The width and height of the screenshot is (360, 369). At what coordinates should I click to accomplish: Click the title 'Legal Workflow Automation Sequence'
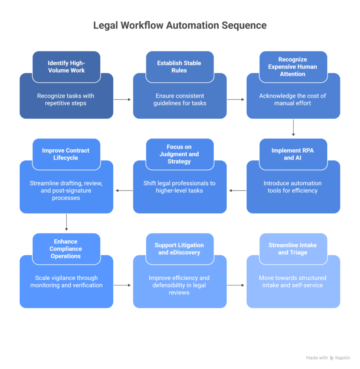click(x=180, y=26)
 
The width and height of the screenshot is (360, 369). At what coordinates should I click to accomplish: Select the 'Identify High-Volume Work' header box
click(x=66, y=67)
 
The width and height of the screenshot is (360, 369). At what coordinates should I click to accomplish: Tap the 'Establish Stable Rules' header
click(x=179, y=67)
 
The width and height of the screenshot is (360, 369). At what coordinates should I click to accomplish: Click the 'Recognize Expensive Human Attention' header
click(x=292, y=67)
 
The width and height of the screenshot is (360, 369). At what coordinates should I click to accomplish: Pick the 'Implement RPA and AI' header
click(x=292, y=154)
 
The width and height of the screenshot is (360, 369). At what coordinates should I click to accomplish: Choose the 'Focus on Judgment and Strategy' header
click(x=179, y=154)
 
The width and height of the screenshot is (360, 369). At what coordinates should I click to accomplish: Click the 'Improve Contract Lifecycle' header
click(x=66, y=154)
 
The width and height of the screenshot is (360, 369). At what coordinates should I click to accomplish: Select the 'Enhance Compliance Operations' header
click(x=66, y=249)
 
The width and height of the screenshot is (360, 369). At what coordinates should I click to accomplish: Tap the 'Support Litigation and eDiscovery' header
click(x=179, y=249)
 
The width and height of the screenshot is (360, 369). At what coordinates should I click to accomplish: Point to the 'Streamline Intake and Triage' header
click(x=292, y=249)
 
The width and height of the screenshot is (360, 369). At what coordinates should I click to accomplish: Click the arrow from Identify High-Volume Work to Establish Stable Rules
click(x=123, y=100)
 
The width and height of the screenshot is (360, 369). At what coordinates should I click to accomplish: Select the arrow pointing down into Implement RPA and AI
click(x=293, y=128)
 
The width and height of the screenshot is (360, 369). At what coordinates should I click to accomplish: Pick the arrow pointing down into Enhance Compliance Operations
click(x=66, y=222)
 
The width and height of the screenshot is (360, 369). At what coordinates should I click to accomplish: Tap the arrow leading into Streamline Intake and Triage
click(x=236, y=285)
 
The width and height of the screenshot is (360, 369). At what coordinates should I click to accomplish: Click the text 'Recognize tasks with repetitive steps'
click(x=66, y=100)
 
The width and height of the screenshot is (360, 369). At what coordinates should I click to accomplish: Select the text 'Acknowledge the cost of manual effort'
click(x=292, y=100)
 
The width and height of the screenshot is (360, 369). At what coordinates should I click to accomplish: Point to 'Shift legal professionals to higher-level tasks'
click(x=179, y=187)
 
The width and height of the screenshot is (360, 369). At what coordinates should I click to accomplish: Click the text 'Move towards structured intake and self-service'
click(x=292, y=281)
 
